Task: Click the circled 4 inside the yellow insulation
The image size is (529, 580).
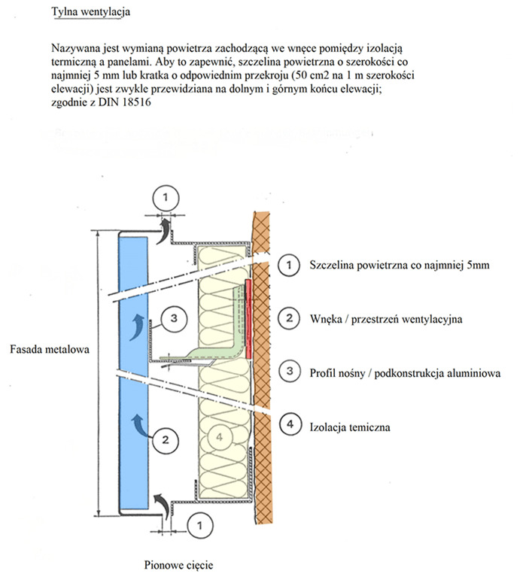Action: [x=219, y=435]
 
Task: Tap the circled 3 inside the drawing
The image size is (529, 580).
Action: [x=172, y=319]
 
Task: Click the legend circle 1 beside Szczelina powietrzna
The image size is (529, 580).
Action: [x=287, y=265]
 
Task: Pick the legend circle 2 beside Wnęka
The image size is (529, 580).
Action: [x=287, y=318]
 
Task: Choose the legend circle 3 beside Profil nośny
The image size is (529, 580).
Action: [x=287, y=372]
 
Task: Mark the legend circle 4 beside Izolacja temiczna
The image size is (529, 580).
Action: [x=287, y=426]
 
